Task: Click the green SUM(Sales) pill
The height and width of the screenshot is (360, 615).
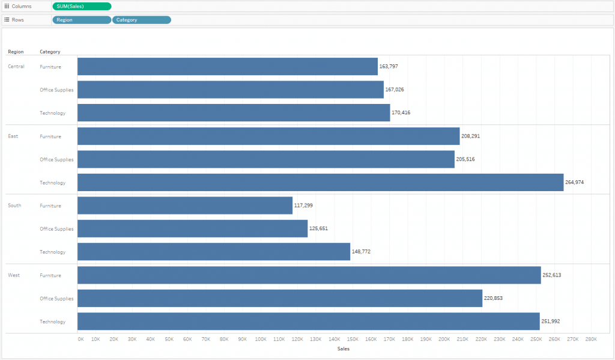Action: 82,6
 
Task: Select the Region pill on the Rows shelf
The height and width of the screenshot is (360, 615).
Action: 82,20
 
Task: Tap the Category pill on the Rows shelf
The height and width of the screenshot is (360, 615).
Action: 142,20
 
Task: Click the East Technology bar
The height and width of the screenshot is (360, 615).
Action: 321,183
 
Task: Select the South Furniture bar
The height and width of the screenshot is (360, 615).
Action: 185,206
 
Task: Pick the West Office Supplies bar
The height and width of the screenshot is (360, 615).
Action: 280,298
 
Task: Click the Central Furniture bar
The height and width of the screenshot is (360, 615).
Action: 228,67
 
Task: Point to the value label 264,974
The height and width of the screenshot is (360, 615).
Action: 574,182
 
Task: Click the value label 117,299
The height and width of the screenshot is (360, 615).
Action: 303,206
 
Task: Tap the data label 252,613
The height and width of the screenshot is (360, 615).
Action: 551,275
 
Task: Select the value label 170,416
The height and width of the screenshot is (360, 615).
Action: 401,112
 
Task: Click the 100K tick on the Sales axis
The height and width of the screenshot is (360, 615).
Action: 261,339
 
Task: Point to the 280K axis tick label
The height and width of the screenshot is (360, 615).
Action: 591,339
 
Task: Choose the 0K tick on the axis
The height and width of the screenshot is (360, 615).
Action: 81,339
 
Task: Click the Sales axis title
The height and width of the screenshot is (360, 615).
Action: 343,349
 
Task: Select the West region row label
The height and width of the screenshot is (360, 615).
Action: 14,275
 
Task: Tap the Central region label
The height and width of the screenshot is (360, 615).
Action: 16,67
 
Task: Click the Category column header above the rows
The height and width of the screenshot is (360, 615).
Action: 50,52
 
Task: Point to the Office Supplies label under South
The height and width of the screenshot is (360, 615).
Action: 56,229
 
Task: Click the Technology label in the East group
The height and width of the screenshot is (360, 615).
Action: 53,183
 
